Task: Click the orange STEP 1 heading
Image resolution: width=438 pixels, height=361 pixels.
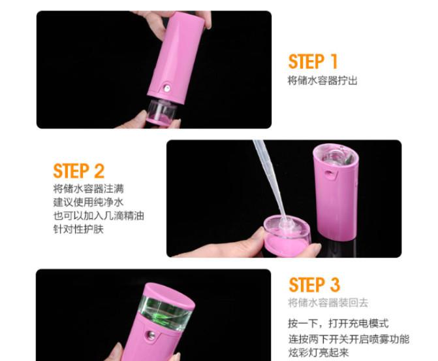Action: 313,61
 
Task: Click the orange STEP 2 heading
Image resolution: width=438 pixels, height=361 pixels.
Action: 79,171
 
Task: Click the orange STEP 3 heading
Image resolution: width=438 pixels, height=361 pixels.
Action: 315,284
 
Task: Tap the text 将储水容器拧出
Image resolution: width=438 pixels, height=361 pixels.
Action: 322,80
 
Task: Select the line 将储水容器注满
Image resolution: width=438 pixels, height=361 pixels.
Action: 88,188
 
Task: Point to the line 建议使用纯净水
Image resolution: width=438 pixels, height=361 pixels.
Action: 88,202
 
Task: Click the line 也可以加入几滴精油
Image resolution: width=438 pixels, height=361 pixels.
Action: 99,216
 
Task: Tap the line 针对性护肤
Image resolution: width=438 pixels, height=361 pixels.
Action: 78,229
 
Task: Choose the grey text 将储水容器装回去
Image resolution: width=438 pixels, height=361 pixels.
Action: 328,303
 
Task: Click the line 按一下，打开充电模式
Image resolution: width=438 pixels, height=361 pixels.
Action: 338,323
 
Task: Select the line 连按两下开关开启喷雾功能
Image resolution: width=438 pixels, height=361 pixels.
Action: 349,339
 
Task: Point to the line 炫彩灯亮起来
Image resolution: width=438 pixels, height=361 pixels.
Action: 319,352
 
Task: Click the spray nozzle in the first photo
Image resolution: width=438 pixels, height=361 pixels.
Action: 167,89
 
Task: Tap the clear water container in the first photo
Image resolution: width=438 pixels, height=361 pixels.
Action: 162,111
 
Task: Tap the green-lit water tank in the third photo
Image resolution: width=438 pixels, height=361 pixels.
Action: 164,310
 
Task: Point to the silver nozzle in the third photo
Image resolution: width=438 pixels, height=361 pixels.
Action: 151,335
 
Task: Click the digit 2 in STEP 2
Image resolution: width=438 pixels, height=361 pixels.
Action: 99,171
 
